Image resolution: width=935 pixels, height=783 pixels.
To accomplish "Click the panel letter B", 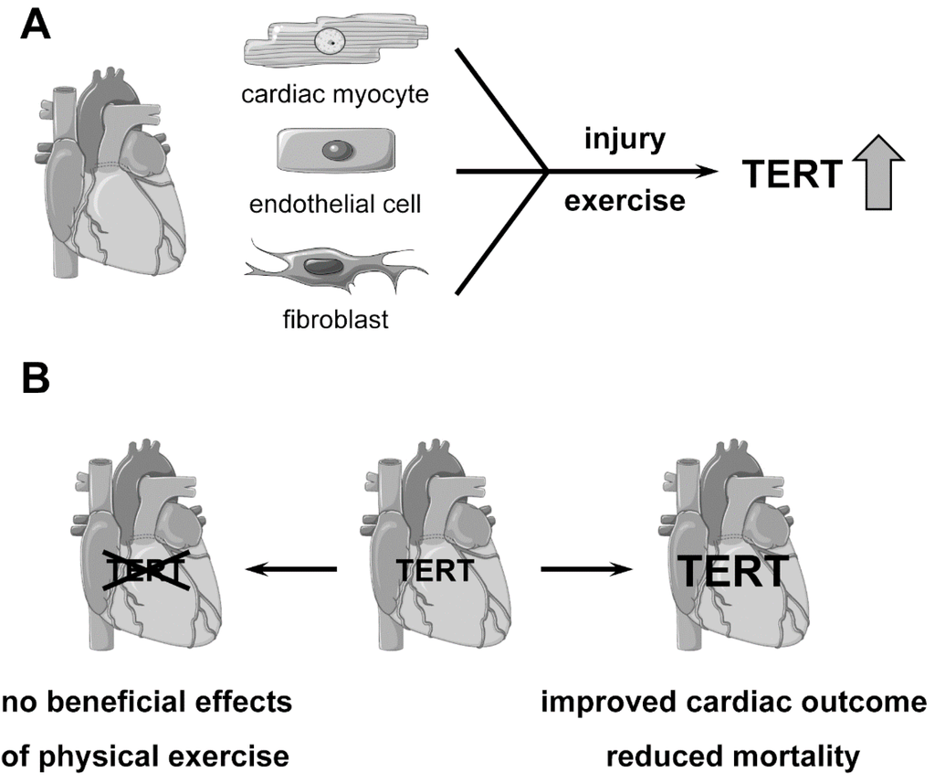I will tap(35, 380).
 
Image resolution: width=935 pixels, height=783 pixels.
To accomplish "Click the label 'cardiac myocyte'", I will tap(337, 94).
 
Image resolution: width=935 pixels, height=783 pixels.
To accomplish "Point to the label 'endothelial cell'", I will tap(336, 203).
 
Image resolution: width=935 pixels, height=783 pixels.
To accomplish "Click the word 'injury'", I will tap(625, 142).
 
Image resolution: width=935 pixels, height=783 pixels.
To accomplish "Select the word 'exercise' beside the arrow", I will tap(625, 199).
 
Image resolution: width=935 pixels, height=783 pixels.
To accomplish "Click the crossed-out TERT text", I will tap(147, 570).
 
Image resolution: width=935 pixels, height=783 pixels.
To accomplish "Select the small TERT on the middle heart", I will tap(436, 570).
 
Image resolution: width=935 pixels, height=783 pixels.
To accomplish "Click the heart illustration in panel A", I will tap(113, 174).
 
